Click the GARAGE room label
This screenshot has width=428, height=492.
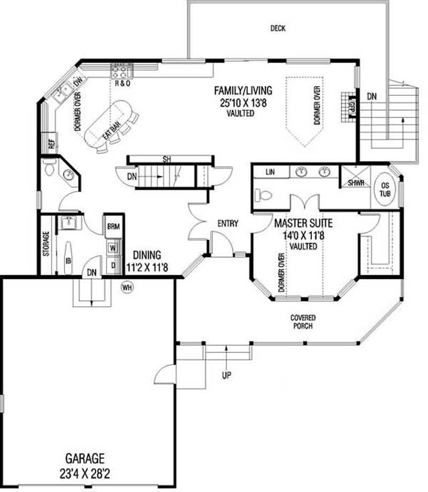point(85,458)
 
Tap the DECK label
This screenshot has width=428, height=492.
point(278,28)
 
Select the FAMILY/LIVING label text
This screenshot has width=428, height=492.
point(243,90)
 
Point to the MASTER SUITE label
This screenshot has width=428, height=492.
point(303,221)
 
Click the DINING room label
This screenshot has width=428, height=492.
point(147,255)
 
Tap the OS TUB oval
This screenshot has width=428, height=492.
point(385,190)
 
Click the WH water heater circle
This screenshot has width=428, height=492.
point(127,286)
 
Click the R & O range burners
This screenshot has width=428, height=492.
point(121,70)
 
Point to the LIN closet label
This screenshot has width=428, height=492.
point(270,172)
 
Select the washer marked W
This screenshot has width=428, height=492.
point(113,248)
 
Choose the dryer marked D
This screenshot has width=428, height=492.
point(113,264)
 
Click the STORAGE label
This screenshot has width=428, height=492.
point(46,244)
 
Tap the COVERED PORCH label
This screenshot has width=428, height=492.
point(302,322)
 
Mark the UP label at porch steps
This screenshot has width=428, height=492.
point(226,375)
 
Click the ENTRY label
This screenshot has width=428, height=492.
point(227,224)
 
